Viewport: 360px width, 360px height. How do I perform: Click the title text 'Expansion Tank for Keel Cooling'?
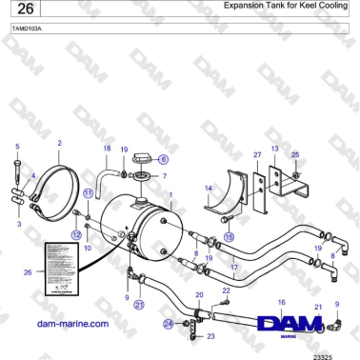pyautogui.click(x=285, y=7)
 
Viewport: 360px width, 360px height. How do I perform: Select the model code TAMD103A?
pyautogui.click(x=28, y=30)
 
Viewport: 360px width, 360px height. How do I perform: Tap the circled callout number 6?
pyautogui.click(x=163, y=159)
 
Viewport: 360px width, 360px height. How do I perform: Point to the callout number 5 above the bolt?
pyautogui.click(x=16, y=147)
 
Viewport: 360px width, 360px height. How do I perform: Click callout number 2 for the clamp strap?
pyautogui.click(x=59, y=144)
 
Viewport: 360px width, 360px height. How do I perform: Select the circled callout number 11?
pyautogui.click(x=87, y=192)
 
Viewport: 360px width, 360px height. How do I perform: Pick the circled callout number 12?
pyautogui.click(x=75, y=233)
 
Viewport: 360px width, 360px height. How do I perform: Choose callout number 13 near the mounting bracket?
pyautogui.click(x=274, y=150)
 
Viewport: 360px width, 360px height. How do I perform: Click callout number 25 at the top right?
pyautogui.click(x=295, y=154)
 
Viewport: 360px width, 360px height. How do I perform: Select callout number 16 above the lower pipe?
pyautogui.click(x=281, y=302)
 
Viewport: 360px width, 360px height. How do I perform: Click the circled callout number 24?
pyautogui.click(x=168, y=324)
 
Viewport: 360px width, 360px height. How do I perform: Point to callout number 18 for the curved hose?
pyautogui.click(x=107, y=150)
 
